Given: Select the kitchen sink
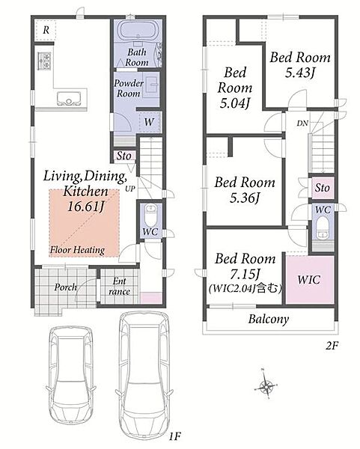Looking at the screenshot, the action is coord(69,98).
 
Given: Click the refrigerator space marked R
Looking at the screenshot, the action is coord(46,30).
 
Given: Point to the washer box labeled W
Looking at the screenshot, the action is coord(149,122).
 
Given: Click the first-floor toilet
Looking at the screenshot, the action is coord(150,215).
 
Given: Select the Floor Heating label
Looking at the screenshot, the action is coord(77,250).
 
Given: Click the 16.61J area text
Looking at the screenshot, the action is coord(85,206).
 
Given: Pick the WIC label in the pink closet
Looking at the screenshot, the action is coord(309,280).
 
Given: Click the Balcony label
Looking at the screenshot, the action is coord(269,319).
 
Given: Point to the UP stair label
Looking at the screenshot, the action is coord(130,189).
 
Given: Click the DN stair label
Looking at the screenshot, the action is coord(302,123).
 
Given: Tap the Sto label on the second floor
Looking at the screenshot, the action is coord(322,188).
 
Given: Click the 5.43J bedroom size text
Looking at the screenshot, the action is coord(299,73).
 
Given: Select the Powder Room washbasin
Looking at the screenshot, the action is coord(151,84).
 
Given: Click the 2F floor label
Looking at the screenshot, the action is coord(332,346).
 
